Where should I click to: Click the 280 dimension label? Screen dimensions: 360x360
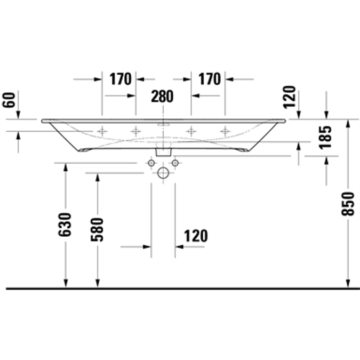tap(162, 96)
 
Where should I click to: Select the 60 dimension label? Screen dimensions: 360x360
tap(9, 99)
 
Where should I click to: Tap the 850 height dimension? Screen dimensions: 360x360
tap(347, 203)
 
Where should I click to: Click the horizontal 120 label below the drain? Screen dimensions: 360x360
tap(195, 235)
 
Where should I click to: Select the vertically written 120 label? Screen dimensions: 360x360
tap(290, 97)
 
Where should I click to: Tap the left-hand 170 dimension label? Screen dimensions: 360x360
tap(121, 79)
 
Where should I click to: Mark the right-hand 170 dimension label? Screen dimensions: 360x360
tap(209, 79)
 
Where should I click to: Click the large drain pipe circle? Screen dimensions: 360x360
tap(163, 173)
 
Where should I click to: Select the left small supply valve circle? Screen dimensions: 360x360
tap(151, 162)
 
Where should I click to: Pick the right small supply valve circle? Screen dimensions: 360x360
tap(174, 162)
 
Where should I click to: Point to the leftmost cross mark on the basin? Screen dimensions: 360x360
tap(101, 131)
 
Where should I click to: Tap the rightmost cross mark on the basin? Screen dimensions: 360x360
tap(225, 131)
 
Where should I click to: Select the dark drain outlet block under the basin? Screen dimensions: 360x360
tap(163, 149)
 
